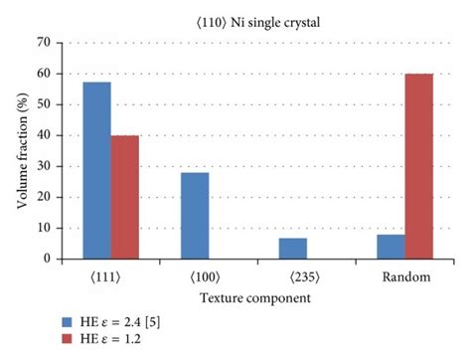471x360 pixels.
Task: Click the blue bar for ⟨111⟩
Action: (96, 170)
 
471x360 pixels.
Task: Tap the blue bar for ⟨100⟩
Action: (194, 215)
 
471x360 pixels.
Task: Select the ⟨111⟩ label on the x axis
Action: (111, 275)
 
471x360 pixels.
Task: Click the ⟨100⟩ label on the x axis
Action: (208, 275)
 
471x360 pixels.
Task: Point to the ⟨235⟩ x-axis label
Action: (305, 275)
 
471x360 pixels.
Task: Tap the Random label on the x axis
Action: (402, 275)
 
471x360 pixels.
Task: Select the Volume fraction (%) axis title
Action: (19, 150)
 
